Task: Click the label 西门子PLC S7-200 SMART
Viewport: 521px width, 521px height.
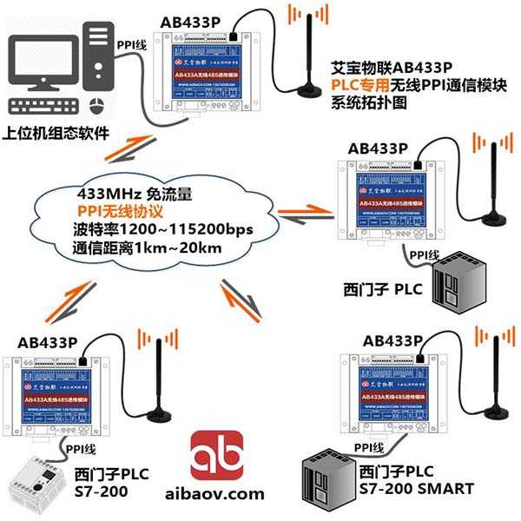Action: coord(416,481)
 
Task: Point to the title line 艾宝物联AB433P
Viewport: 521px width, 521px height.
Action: coord(392,69)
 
